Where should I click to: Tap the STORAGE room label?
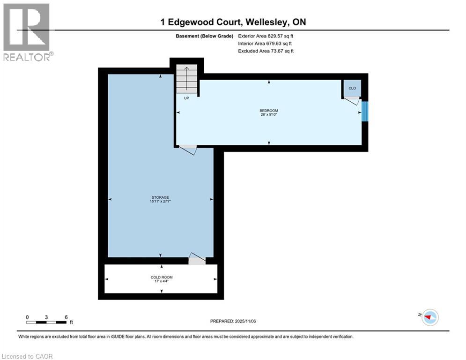160,197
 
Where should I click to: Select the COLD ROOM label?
161,277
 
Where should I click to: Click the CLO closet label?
352,88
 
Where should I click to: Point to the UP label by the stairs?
186,98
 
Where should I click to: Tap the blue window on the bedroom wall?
365,111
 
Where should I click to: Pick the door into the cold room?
197,259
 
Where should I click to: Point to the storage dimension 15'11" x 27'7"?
160,202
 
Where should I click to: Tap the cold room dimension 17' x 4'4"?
161,281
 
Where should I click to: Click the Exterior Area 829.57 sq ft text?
266,36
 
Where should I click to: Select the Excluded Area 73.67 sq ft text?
266,51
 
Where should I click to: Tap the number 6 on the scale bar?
66,317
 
